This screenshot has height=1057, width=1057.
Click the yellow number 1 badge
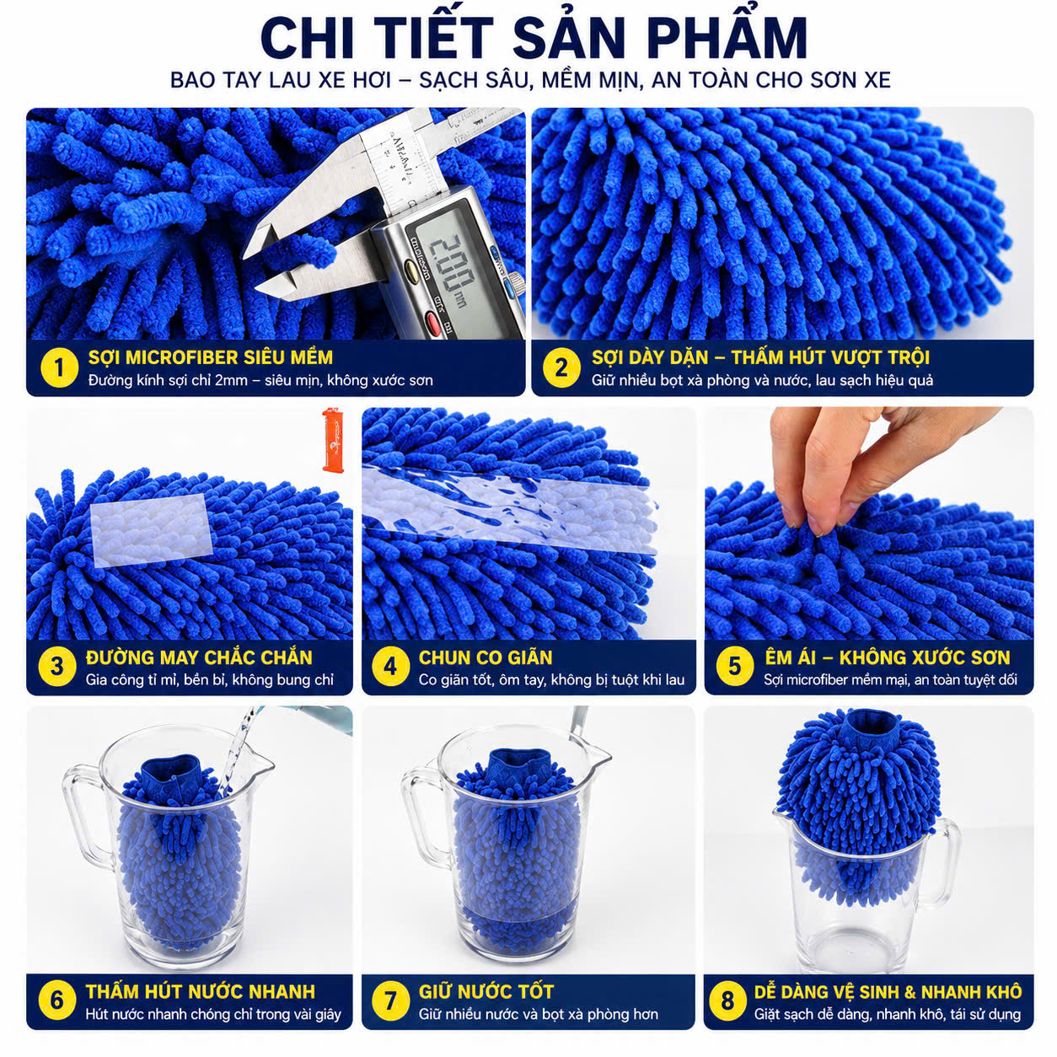click(59, 368)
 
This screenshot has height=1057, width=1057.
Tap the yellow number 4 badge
click(390, 667)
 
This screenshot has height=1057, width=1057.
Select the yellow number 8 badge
click(727, 1001)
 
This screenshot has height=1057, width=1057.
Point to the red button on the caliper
click(432, 323)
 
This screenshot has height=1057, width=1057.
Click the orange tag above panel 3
click(333, 439)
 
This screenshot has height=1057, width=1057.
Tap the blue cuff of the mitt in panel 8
click(871, 724)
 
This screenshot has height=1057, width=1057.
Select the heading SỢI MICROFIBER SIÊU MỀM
click(211, 357)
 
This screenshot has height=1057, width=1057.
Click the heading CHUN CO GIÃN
click(486, 657)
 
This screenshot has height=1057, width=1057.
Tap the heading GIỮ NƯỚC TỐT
click(486, 991)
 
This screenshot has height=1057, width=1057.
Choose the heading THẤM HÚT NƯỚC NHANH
click(201, 991)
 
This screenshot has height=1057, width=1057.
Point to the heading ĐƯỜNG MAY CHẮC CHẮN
click(199, 657)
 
